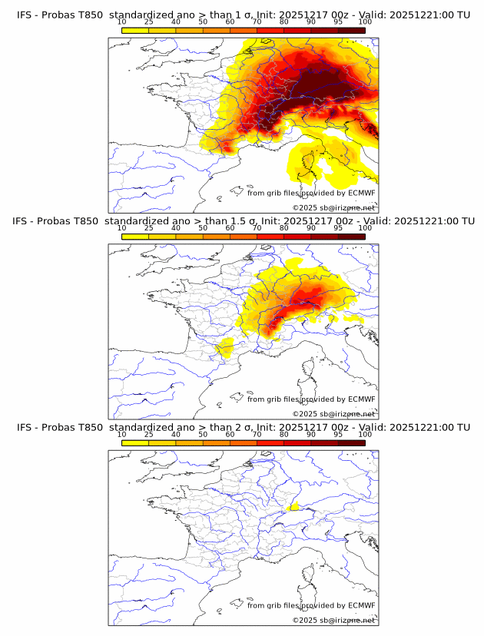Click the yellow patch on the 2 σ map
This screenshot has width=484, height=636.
point(293,508)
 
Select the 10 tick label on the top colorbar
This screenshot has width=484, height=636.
point(121,22)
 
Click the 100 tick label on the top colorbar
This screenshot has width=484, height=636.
point(365,22)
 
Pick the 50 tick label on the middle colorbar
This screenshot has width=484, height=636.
point(203,228)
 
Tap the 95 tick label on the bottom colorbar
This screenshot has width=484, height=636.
point(338,434)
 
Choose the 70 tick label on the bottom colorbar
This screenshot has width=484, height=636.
point(257,434)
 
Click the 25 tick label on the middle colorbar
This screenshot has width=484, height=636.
point(148,228)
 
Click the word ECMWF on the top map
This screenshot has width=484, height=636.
point(361,193)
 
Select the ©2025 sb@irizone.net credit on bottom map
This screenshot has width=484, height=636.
point(333,620)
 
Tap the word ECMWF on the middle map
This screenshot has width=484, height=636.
point(361,399)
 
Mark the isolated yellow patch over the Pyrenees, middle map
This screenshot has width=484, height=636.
point(224,350)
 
